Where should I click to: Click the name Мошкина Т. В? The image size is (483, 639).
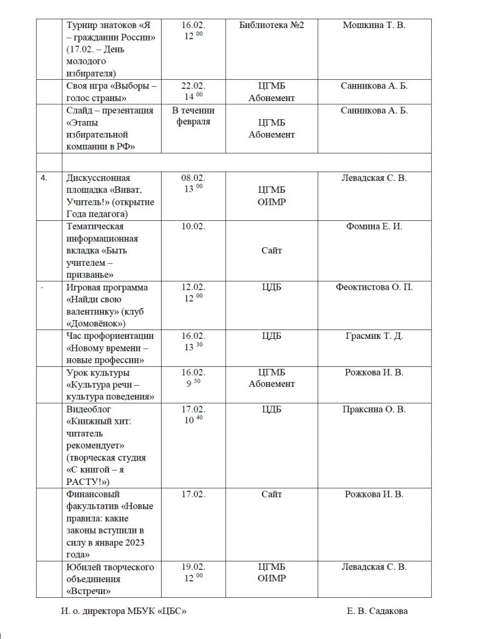(x=374, y=25)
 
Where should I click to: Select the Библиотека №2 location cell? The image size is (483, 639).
(x=271, y=25)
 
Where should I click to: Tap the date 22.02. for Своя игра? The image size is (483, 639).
(x=193, y=86)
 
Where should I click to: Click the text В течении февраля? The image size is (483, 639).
(x=193, y=117)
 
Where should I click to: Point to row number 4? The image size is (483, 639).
(x=43, y=178)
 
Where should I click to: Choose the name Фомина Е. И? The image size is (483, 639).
(x=374, y=227)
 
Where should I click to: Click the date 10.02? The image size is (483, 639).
(x=193, y=227)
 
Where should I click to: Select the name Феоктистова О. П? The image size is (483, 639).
(x=374, y=287)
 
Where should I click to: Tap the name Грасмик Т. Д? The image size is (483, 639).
(x=374, y=336)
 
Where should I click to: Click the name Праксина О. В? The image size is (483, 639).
(x=374, y=409)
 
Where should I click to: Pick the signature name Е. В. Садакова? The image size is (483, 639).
(x=378, y=612)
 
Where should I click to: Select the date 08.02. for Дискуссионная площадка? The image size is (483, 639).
(x=193, y=178)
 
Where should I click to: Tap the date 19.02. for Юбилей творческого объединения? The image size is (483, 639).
(x=193, y=567)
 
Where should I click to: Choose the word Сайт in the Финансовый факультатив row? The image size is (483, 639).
(x=271, y=494)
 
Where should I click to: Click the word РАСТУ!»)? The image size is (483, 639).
(x=87, y=481)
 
